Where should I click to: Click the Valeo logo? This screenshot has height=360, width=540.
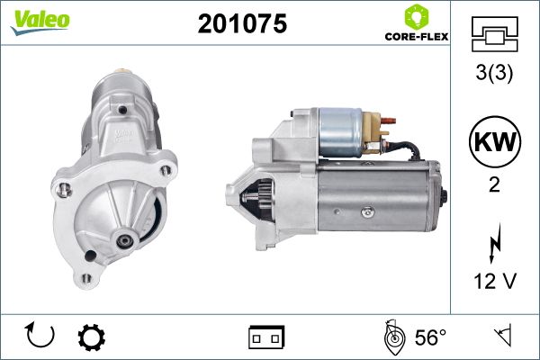(40, 22)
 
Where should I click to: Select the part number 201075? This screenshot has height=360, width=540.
(242, 23)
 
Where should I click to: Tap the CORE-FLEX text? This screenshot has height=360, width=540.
(417, 37)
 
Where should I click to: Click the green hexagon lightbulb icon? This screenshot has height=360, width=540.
(417, 16)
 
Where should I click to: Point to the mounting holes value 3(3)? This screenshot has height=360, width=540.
(494, 73)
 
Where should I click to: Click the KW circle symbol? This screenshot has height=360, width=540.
(495, 141)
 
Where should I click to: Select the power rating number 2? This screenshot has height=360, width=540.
(494, 185)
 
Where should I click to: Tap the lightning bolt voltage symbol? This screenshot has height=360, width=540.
(495, 243)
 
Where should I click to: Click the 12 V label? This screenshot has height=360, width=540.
(495, 281)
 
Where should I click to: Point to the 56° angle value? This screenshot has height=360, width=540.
(430, 337)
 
